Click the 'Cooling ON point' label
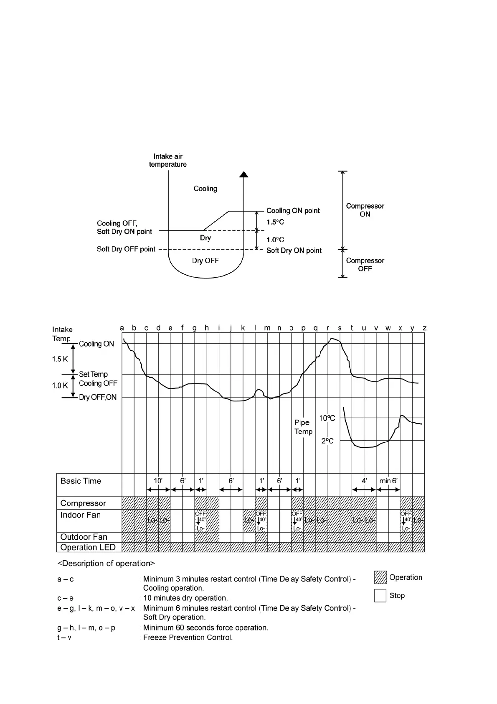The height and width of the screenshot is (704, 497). coord(293,211)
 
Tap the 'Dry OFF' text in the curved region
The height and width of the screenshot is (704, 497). coord(205,260)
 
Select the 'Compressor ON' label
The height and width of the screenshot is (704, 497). coord(365,210)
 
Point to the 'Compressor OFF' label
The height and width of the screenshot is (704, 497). coord(365,265)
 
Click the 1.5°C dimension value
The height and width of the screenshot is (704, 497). coord(275,222)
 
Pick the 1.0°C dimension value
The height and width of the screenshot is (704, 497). coord(275,240)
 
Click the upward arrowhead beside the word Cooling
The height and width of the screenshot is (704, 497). coord(243,174)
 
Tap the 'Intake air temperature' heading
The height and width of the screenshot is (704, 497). coord(168,161)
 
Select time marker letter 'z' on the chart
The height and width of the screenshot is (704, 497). coord(424,328)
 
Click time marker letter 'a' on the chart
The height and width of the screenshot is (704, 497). coord(122,328)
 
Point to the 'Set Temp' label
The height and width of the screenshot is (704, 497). coord(93,374)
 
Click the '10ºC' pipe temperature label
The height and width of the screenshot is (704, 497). coord(327,418)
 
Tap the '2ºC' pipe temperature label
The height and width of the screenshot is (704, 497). coord(327,441)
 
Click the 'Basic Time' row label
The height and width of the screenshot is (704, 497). coord(81,481)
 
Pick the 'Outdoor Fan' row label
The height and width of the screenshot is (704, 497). coord(84,537)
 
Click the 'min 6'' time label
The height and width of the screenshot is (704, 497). coord(388,481)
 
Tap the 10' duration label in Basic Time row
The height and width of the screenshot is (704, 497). coord(158,481)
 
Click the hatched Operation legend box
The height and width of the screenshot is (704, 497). coord(380,577)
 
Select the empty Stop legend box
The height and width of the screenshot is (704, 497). coord(380,595)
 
